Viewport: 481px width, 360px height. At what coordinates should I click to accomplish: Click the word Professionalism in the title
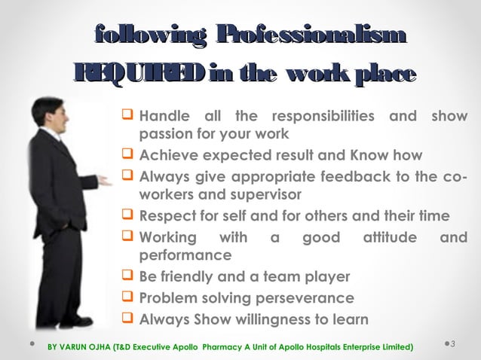click(311, 35)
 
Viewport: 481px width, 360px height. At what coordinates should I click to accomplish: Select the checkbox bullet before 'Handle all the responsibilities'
click(127, 116)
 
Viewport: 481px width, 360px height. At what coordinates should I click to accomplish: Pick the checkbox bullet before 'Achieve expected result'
click(127, 155)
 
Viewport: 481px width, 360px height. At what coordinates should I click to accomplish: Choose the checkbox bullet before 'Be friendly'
click(127, 276)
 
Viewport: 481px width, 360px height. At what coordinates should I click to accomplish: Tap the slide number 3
click(455, 344)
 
